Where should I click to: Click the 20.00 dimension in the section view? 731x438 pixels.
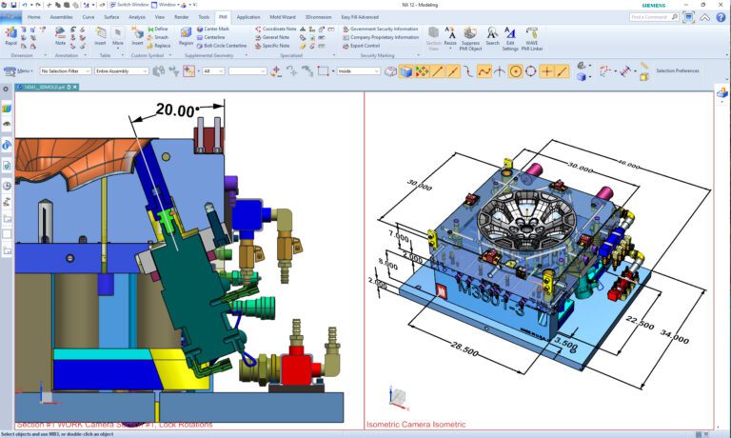coord(175,110)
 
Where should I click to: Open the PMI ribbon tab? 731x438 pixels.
coord(223,17)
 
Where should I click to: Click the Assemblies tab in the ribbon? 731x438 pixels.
coord(61,17)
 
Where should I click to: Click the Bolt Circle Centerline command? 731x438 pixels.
coord(225,46)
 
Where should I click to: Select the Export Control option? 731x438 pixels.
coord(365,46)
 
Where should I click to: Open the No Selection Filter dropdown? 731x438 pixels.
coord(66,70)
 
